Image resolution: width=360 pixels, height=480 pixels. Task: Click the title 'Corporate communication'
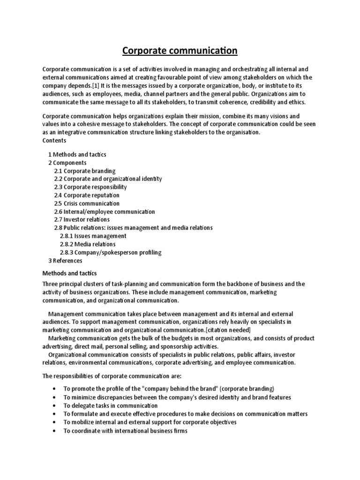click(x=180, y=50)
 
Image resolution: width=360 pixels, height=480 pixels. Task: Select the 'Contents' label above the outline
click(x=54, y=140)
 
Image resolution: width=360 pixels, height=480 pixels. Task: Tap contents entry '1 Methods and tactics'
click(x=77, y=154)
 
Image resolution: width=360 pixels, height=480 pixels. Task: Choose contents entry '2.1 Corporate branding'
click(x=85, y=171)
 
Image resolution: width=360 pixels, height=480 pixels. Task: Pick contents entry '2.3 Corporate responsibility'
click(x=90, y=187)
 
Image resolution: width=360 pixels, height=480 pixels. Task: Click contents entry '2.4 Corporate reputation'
click(x=87, y=195)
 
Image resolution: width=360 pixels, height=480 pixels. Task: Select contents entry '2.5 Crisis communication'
click(x=87, y=203)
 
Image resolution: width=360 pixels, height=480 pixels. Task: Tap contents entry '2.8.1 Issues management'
click(x=93, y=236)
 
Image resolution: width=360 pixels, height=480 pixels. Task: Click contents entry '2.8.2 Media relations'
click(x=88, y=244)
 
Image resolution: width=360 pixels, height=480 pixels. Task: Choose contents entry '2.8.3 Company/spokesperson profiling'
click(x=111, y=252)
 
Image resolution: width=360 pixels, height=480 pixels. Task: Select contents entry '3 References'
click(x=65, y=261)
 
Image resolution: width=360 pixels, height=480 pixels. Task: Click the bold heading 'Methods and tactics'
click(x=70, y=273)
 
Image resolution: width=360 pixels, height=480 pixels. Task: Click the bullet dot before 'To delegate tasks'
click(x=55, y=405)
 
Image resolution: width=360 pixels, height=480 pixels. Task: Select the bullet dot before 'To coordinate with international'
click(x=55, y=431)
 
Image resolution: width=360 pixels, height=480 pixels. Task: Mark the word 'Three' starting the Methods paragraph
click(x=51, y=284)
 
